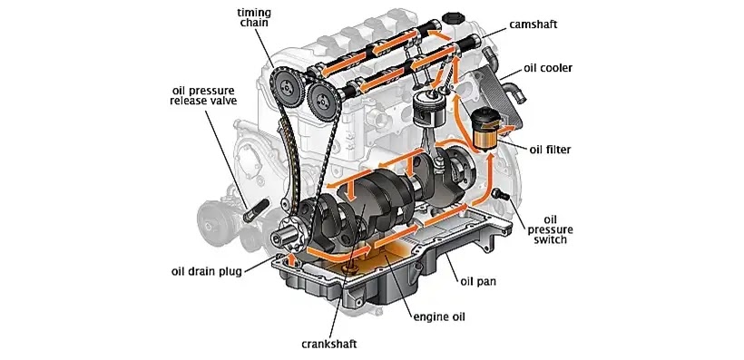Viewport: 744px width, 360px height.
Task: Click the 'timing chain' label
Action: (x=253, y=17)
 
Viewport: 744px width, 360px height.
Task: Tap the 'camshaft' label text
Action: (x=533, y=24)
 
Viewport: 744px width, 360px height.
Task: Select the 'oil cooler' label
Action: (x=548, y=68)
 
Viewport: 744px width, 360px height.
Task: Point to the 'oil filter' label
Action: (x=550, y=150)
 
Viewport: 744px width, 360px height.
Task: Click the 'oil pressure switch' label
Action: (x=550, y=229)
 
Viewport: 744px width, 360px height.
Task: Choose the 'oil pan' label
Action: (x=478, y=281)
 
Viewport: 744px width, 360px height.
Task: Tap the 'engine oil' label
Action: (x=439, y=316)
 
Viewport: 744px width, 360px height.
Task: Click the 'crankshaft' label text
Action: (x=328, y=344)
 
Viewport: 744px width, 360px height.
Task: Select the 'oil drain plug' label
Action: (x=206, y=272)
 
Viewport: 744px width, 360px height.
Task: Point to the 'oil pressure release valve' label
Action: (x=203, y=95)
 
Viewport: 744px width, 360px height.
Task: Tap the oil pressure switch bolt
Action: (x=501, y=193)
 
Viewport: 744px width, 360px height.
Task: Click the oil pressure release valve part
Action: (x=256, y=210)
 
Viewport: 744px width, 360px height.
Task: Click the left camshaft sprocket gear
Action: (x=286, y=86)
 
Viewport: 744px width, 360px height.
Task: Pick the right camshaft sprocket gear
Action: (x=323, y=99)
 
